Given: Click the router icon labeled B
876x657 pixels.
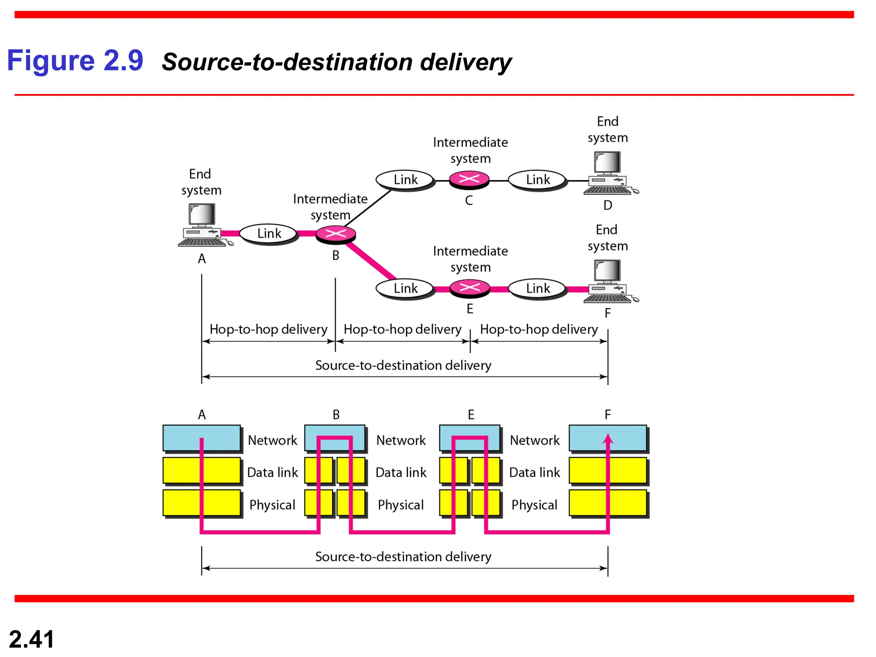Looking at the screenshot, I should point(336,234).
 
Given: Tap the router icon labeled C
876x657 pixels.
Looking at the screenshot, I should point(469,179).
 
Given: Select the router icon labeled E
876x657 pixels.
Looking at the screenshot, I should point(470,288).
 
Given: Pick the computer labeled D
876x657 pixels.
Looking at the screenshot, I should point(608,173).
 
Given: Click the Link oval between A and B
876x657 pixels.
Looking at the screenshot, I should point(269,234).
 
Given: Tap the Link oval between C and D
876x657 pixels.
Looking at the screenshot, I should point(537,180).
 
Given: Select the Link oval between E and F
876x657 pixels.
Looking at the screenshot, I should point(537,288).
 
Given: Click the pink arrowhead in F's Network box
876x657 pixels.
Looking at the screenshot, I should point(608,439).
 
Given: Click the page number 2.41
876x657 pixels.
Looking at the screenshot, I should point(31,639).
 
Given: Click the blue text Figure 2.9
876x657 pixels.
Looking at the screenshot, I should point(75,60).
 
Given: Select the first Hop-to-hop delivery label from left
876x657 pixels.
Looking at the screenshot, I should point(268,329).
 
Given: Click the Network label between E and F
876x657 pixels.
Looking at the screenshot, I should point(534,440).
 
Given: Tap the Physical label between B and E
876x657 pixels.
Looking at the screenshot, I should point(400,505).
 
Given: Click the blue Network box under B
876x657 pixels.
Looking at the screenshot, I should point(334,438).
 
